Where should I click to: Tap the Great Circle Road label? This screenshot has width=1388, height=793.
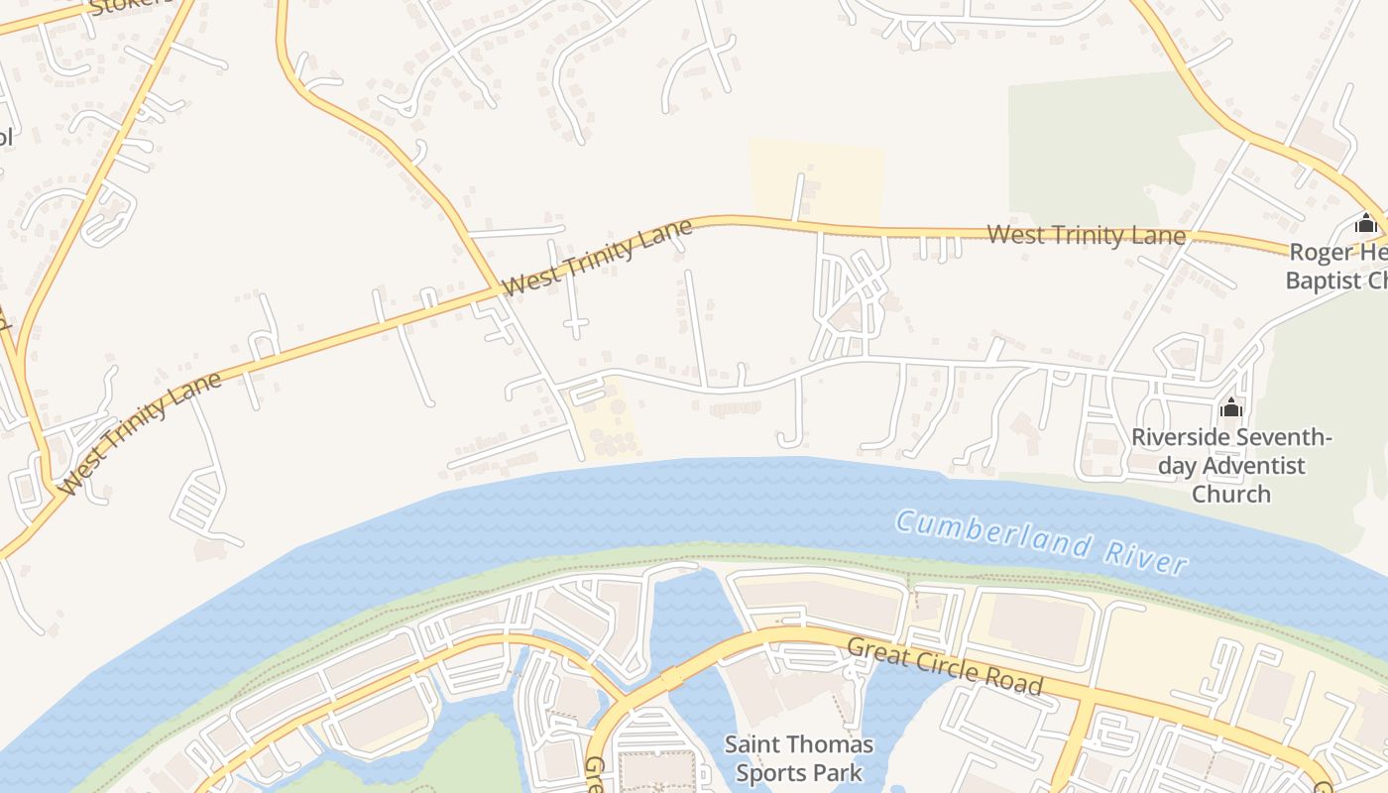(x=945, y=666)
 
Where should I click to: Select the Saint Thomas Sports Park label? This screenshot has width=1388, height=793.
(x=799, y=757)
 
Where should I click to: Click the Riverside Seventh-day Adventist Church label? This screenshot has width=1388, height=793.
(x=1231, y=465)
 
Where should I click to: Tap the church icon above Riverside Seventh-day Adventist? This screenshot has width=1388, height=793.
(x=1231, y=407)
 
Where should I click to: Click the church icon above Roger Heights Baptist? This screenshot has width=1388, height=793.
(x=1366, y=223)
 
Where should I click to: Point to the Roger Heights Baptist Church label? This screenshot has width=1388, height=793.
(x=1338, y=267)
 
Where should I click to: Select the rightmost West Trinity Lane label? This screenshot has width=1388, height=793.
(x=1087, y=235)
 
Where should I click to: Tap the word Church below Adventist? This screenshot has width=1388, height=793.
(x=1231, y=494)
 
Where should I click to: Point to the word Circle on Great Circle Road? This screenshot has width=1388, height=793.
(x=950, y=667)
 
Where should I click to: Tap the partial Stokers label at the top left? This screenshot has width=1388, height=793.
(x=129, y=7)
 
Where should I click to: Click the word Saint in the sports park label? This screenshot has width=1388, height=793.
(x=753, y=744)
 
